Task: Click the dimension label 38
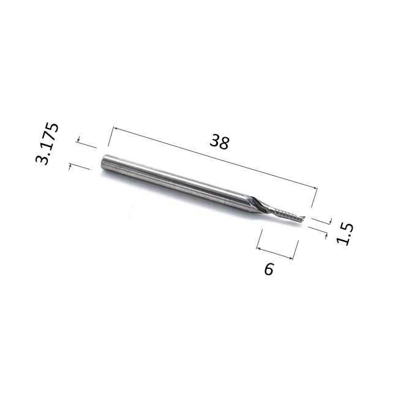click(x=220, y=142)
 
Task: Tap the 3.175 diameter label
click(x=47, y=144)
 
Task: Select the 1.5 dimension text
click(x=345, y=234)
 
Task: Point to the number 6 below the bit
click(x=269, y=269)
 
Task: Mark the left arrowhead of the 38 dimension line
click(x=115, y=129)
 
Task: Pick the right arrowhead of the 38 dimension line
click(x=315, y=188)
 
